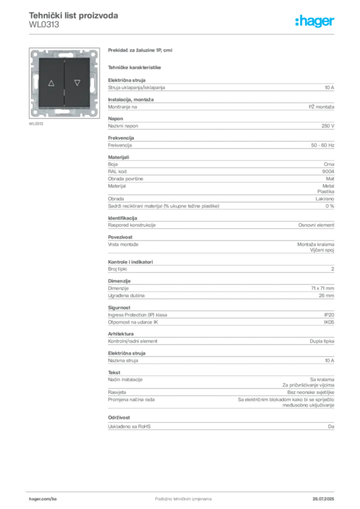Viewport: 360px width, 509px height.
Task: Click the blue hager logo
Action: pyautogui.click(x=315, y=21)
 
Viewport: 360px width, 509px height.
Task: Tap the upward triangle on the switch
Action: pyautogui.click(x=51, y=83)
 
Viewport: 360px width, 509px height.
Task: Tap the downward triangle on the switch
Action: pyautogui.click(x=77, y=83)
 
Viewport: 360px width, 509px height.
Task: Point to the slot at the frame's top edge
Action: pyautogui.click(x=64, y=53)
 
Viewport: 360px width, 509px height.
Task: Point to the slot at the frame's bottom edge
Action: pyautogui.click(x=64, y=114)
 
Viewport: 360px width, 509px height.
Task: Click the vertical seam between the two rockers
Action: pyautogui.click(x=64, y=84)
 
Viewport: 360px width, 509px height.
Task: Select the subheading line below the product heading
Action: pyautogui.click(x=135, y=67)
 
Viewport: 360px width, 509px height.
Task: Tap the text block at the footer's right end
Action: pyautogui.click(x=326, y=495)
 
